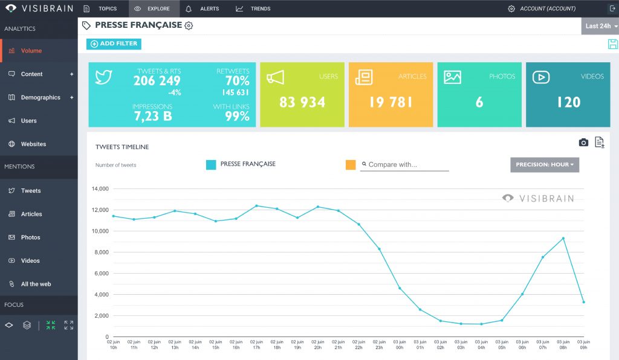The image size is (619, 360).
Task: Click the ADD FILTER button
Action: [114, 44]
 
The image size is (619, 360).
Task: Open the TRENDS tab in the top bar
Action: [253, 9]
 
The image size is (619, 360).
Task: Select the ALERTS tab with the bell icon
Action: [203, 9]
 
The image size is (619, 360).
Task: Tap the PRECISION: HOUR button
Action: [545, 165]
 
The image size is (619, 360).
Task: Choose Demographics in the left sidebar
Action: [40, 97]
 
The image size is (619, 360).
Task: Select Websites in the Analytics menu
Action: [33, 144]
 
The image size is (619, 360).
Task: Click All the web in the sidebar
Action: [36, 284]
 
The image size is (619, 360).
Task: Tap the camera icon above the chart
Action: [583, 143]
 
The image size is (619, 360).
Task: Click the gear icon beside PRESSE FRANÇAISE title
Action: [189, 26]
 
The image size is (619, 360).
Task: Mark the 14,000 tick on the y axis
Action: [100, 189]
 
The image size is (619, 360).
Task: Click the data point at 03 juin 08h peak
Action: [563, 239]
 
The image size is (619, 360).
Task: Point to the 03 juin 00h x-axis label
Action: [400, 344]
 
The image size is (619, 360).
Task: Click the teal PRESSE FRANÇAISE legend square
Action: [211, 165]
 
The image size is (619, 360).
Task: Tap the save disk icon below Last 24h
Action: [612, 44]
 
